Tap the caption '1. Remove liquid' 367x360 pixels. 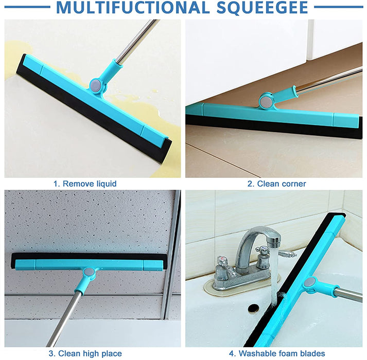pos(85,184)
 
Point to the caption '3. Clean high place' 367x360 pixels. pos(85,353)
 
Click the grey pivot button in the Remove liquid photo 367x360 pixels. pos(96,84)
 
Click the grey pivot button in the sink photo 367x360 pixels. pos(309,282)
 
